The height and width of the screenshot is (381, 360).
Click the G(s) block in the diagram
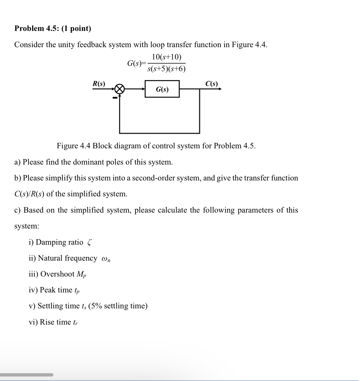pos(162,89)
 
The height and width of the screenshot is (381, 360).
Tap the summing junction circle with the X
pos(119,89)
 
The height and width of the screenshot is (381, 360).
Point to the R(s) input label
pos(99,83)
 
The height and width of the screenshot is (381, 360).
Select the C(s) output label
pos(212,83)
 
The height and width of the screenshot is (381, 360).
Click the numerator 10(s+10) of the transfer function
pos(167,57)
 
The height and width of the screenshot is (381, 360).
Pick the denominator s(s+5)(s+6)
pos(167,69)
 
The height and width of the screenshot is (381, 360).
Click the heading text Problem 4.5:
pos(37,29)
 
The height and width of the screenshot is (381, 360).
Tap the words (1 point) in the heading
pos(76,29)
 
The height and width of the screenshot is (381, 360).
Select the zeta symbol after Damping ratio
pos(89,243)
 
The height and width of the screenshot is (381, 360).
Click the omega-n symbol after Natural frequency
pos(106,259)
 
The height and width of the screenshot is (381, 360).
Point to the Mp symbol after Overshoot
pos(81,274)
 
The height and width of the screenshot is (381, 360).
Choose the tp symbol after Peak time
pos(77,290)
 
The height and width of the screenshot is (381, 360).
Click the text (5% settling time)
pos(118,306)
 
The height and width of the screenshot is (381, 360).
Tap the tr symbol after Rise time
pos(75,322)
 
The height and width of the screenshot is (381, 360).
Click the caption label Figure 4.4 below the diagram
pos(74,146)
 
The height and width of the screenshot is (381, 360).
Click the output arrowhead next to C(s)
pos(220,89)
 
